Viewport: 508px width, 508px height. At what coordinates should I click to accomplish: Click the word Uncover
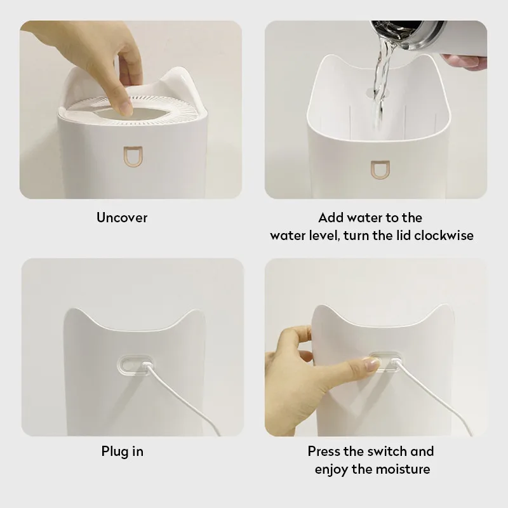122,217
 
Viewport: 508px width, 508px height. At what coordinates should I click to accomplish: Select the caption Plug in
122,451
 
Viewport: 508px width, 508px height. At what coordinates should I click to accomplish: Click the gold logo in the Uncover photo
133,157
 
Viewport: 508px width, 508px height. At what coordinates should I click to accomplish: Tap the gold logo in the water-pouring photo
380,169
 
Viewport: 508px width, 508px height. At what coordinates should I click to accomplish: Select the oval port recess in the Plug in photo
135,365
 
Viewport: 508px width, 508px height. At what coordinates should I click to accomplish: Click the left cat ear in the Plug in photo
75,316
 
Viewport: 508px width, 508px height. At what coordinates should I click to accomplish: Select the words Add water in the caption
345,217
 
